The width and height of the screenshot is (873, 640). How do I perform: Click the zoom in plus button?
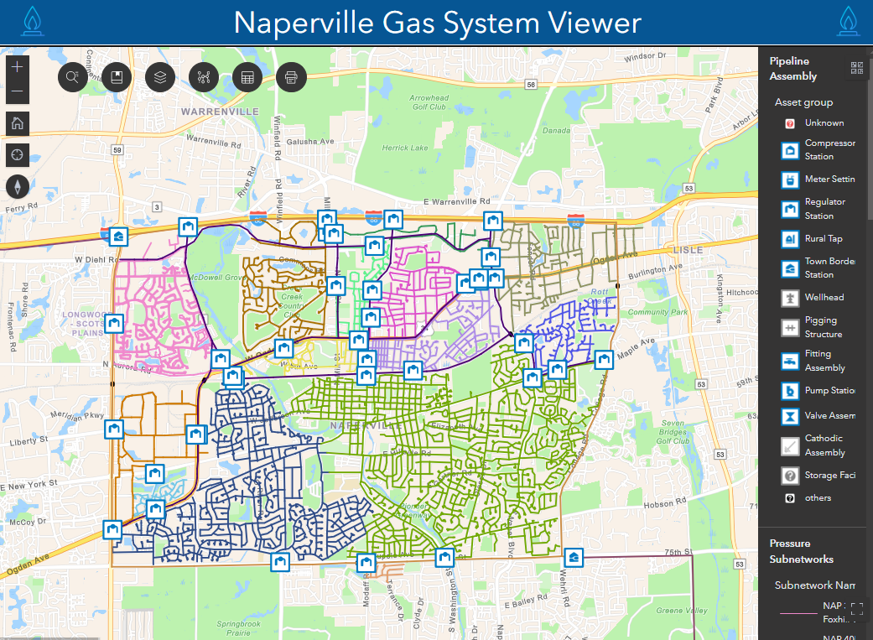(18, 65)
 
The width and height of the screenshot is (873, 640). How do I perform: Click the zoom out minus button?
(18, 91)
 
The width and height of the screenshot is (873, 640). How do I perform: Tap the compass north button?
(18, 185)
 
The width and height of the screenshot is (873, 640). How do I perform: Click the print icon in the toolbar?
(291, 78)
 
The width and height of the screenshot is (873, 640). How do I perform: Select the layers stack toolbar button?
(160, 78)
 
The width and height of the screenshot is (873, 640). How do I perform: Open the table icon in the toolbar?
(247, 78)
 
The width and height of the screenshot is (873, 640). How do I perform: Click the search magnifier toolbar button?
(73, 78)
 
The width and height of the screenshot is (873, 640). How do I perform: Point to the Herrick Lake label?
(405, 148)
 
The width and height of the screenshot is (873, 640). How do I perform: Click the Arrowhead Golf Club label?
(429, 102)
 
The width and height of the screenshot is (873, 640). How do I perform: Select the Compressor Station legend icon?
(789, 150)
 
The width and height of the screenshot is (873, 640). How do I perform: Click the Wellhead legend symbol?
(789, 298)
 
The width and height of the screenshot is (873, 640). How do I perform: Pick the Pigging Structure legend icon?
(789, 327)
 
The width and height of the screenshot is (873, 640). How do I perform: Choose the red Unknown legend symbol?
(789, 123)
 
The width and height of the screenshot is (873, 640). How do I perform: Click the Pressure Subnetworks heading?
(801, 551)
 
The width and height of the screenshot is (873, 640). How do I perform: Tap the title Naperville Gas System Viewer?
(437, 23)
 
